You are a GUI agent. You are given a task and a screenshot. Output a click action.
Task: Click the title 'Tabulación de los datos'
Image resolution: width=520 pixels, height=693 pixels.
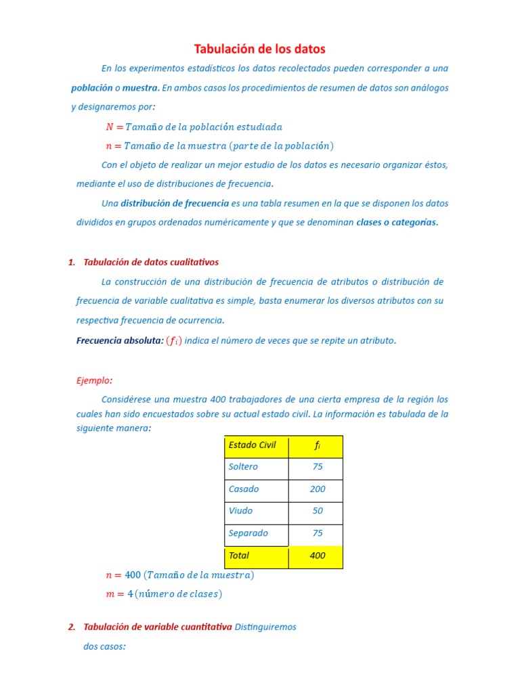click(x=260, y=49)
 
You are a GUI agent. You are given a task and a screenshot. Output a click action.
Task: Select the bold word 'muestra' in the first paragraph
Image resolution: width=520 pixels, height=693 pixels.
click(x=140, y=88)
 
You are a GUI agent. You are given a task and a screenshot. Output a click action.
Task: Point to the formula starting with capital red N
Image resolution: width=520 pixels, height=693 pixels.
click(x=194, y=127)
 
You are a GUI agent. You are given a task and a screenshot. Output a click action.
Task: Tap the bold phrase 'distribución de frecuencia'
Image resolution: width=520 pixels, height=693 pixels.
click(x=175, y=203)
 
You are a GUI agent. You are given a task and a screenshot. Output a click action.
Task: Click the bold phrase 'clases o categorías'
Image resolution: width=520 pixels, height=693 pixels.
click(x=397, y=222)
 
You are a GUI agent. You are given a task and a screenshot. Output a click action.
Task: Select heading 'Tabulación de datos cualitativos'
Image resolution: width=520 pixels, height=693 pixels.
click(x=150, y=262)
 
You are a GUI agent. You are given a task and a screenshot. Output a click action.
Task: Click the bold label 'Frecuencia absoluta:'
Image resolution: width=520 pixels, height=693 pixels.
click(x=120, y=340)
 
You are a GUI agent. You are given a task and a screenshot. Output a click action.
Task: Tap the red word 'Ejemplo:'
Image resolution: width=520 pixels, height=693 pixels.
click(x=94, y=380)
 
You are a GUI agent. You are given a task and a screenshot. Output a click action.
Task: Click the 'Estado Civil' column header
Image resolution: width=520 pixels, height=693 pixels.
click(x=252, y=445)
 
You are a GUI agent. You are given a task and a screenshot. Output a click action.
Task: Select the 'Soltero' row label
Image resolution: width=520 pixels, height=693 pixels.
click(x=243, y=467)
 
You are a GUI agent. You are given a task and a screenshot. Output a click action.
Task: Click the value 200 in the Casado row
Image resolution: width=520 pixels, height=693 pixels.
click(x=317, y=489)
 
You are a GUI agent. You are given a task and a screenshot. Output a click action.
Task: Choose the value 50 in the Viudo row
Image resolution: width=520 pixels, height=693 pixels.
click(x=317, y=511)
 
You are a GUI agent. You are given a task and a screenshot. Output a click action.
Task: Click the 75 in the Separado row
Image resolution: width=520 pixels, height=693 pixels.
click(x=317, y=533)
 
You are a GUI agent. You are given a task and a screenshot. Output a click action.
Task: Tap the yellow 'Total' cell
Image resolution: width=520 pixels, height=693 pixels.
click(x=239, y=556)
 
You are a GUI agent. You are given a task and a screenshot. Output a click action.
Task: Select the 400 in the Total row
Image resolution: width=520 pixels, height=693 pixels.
click(x=317, y=556)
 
